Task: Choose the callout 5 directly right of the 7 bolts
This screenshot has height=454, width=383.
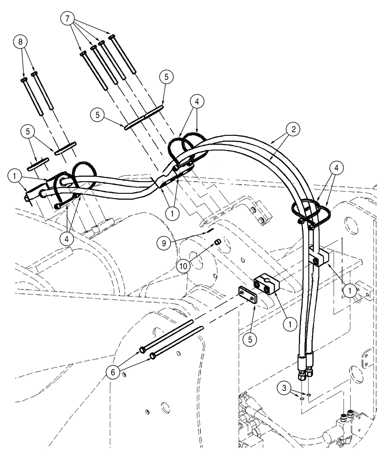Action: [x=166, y=77]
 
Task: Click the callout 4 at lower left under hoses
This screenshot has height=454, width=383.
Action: [x=67, y=225]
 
